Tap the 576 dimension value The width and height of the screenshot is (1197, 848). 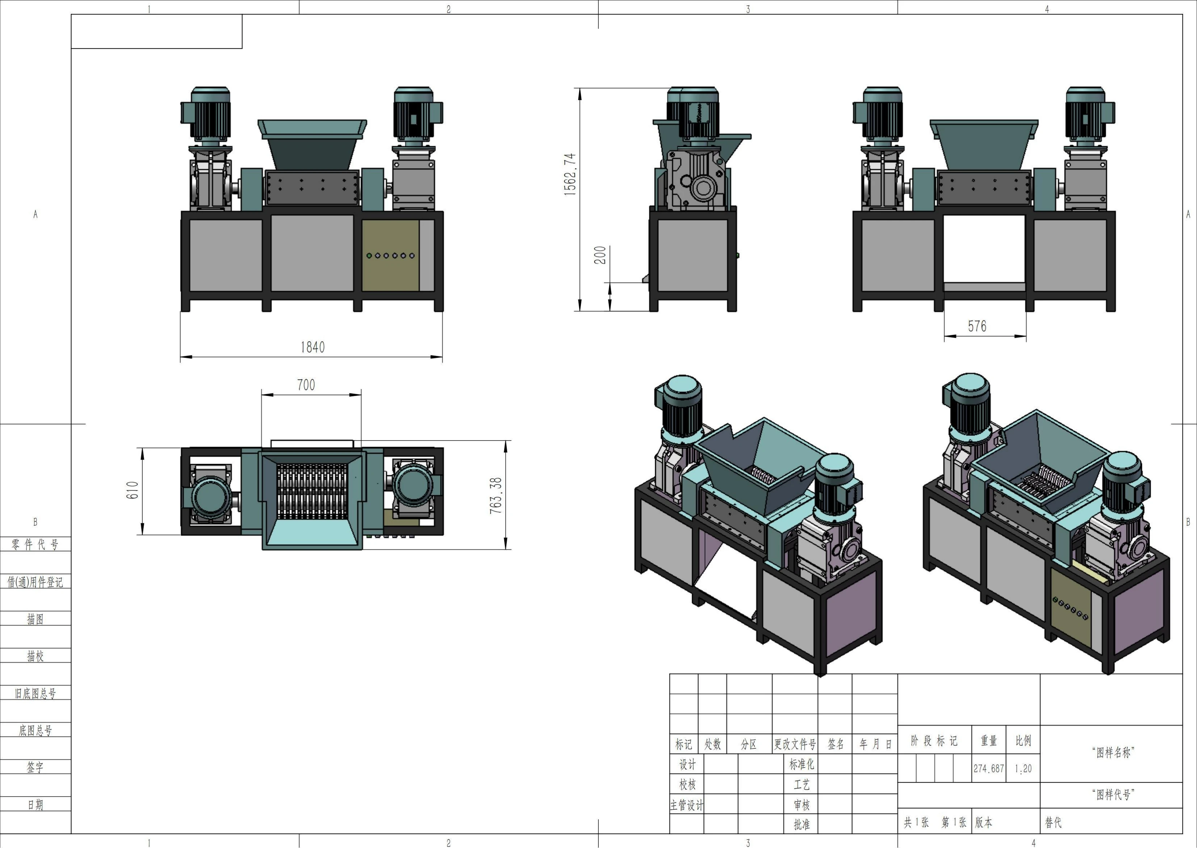point(977,326)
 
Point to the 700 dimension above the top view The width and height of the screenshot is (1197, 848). point(306,385)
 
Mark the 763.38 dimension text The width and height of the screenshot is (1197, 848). point(496,496)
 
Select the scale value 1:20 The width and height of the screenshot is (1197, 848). point(1023,769)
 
